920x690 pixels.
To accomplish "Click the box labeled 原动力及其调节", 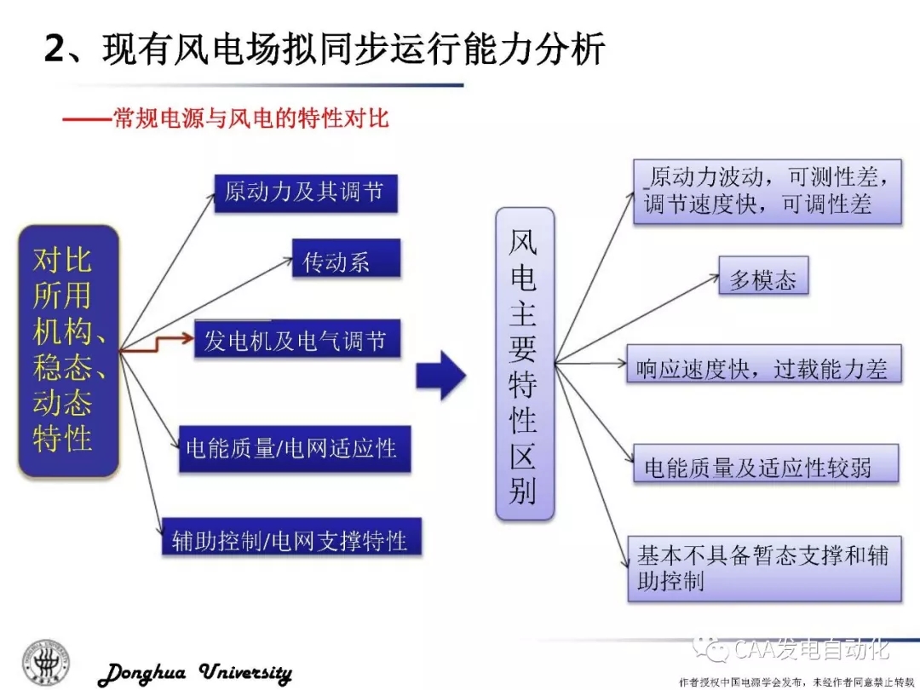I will [305, 193].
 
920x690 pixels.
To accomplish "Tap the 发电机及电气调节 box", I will [296, 342].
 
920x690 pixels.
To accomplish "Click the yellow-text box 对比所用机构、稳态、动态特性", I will [68, 350].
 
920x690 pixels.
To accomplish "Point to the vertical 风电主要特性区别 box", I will [524, 364].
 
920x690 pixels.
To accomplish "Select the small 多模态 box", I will [763, 279].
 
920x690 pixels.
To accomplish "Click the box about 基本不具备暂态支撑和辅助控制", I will [764, 568].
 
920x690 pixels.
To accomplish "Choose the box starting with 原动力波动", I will [767, 192].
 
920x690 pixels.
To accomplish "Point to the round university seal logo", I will [46, 660].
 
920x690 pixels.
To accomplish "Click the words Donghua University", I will [196, 671].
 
